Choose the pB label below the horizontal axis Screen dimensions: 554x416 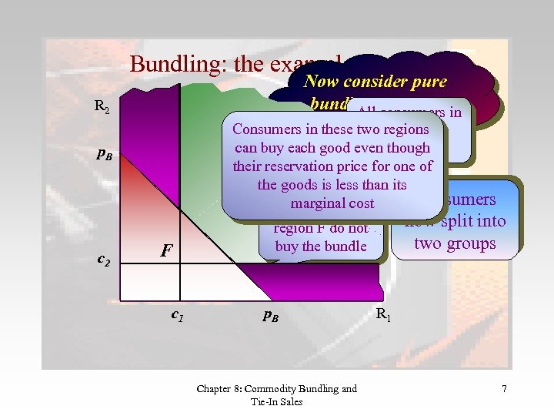[269, 314]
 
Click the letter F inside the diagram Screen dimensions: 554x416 [165, 250]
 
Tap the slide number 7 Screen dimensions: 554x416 [504, 389]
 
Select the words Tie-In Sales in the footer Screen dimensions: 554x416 [277, 401]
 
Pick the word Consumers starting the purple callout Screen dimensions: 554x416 [265, 129]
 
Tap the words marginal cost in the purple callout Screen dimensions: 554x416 [332, 203]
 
